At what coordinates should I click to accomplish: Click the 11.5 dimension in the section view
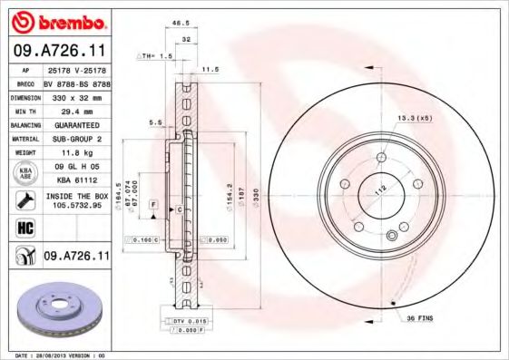(211, 68)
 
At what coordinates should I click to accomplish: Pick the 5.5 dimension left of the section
(154, 122)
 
